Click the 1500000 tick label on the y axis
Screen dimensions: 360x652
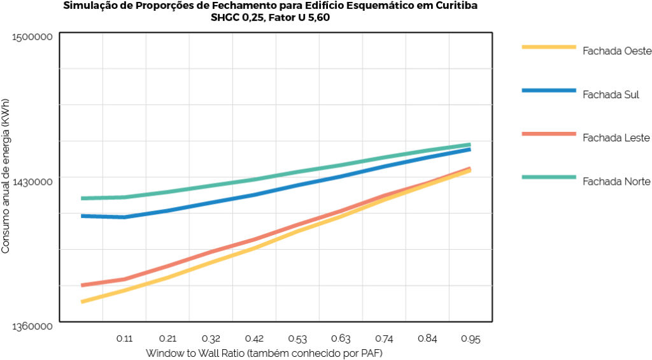32,36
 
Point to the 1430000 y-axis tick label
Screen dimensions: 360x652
32,182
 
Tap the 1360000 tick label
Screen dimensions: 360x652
32,326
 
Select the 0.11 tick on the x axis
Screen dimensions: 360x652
124,338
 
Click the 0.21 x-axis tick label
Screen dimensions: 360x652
167,338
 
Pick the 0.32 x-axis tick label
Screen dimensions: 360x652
211,338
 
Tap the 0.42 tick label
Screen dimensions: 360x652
254,338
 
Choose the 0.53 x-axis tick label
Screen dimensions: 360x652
297,338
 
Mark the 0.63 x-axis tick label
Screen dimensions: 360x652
341,338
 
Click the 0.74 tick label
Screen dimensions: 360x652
384,338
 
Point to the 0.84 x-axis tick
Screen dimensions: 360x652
427,338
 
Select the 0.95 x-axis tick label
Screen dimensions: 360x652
471,338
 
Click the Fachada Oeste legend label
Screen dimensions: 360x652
616,52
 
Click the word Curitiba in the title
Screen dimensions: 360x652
455,5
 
